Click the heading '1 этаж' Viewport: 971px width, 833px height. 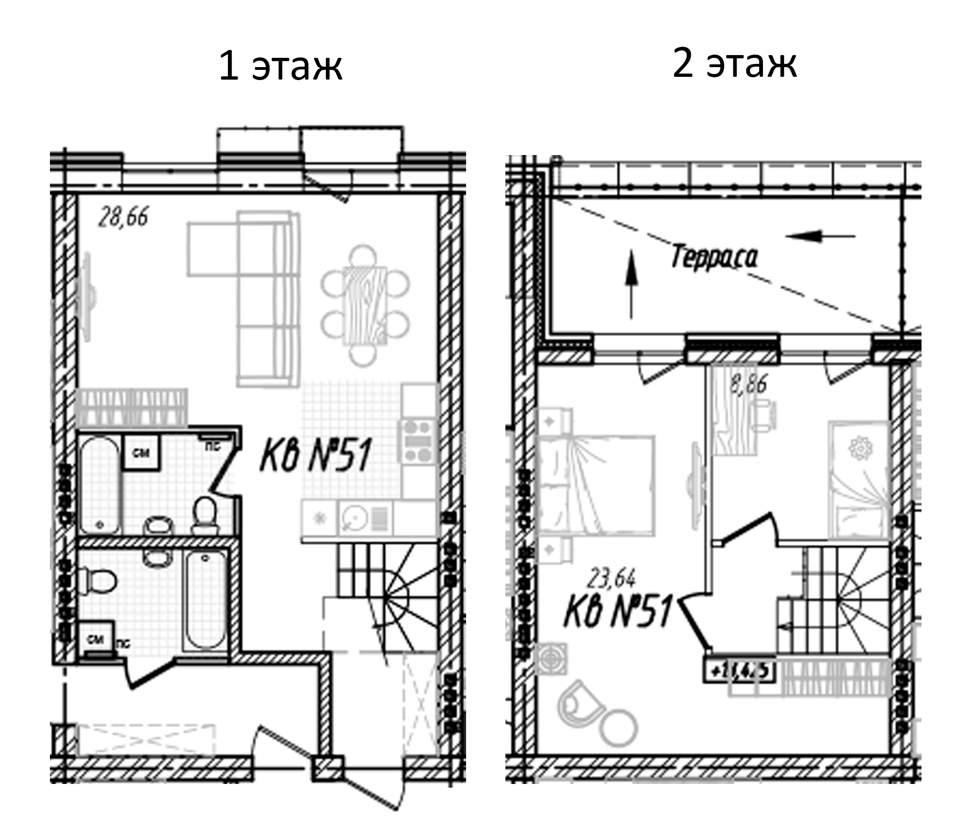point(280,67)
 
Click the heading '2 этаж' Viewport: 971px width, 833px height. point(734,64)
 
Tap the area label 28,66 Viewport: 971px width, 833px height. point(123,217)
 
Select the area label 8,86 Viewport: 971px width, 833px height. point(749,384)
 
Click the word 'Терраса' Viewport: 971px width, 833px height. point(714,257)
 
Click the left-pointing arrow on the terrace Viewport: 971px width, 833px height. point(820,236)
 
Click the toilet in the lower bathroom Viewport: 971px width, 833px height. point(98,581)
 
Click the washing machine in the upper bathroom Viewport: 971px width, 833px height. point(141,453)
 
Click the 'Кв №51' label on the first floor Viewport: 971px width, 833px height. point(315,454)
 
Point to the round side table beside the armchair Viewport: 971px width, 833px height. point(620,728)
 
